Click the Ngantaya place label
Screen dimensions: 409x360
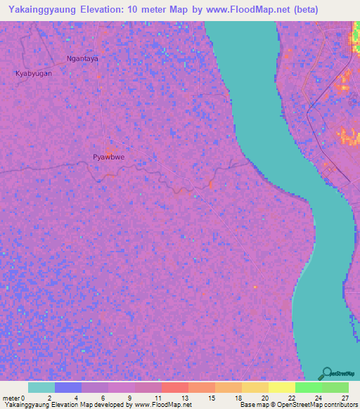(82, 59)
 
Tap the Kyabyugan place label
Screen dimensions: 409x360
(34, 73)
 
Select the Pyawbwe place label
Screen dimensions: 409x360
(108, 157)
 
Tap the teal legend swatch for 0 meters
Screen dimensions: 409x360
(41, 387)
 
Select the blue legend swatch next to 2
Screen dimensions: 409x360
(68, 387)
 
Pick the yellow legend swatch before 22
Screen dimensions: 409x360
(282, 387)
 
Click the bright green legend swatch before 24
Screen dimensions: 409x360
(309, 387)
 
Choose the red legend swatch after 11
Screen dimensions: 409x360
(175, 387)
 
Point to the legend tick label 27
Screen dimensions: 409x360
(345, 398)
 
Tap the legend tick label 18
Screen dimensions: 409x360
(239, 398)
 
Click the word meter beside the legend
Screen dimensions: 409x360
(11, 398)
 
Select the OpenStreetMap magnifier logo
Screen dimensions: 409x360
(326, 373)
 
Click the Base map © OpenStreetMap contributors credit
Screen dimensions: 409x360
(297, 405)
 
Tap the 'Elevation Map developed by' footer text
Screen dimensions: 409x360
(82, 405)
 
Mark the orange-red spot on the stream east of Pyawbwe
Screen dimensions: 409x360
(210, 184)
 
